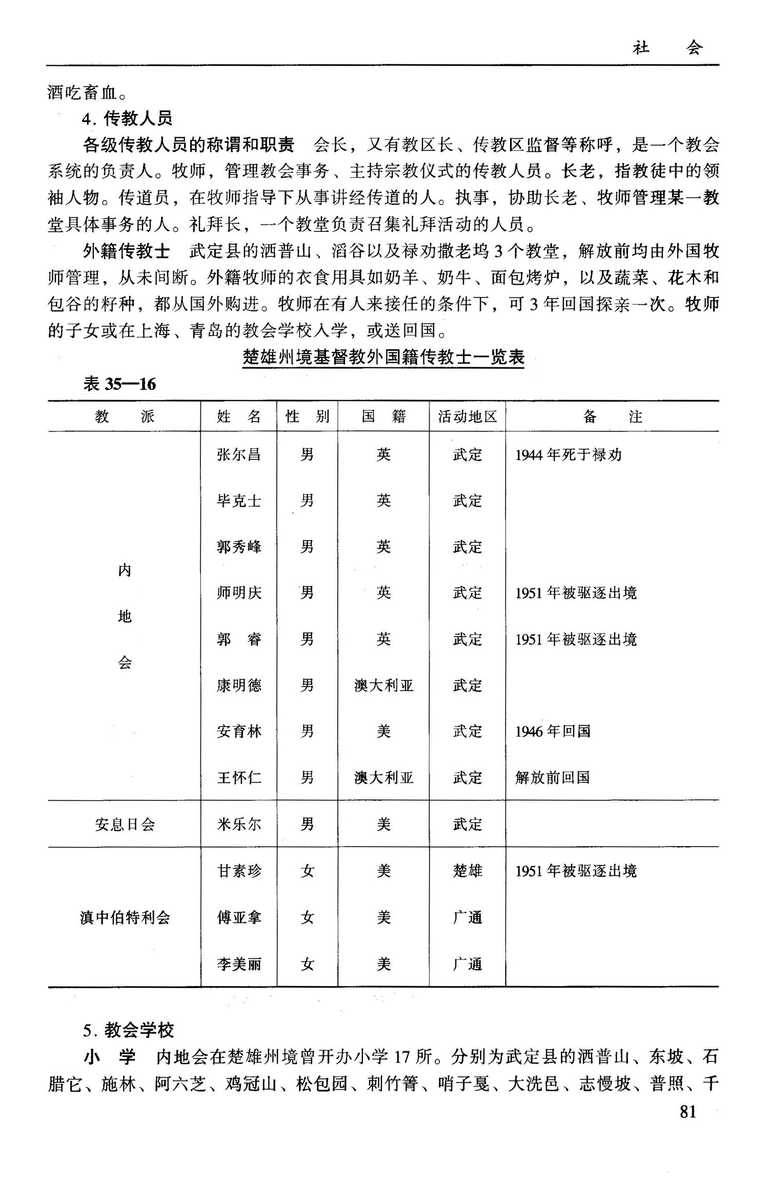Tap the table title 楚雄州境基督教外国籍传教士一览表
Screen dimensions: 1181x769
click(x=383, y=357)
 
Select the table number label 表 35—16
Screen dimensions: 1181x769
click(x=119, y=384)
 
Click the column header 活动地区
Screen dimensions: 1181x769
click(x=467, y=416)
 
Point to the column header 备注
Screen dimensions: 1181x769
click(x=612, y=416)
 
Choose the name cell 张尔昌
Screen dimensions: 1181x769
click(x=239, y=455)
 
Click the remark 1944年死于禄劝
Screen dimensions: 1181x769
click(x=568, y=455)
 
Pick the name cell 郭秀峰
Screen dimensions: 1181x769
click(x=239, y=547)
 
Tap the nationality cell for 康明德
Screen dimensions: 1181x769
click(x=383, y=685)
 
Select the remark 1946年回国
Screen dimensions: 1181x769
click(x=553, y=731)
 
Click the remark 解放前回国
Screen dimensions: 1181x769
click(x=552, y=778)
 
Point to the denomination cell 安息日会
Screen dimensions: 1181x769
click(x=125, y=824)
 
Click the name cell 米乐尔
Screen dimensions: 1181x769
click(x=239, y=824)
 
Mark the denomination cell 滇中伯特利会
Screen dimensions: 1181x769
click(x=125, y=917)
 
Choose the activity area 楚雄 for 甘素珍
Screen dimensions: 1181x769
click(x=467, y=871)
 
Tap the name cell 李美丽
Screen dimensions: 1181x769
click(x=239, y=965)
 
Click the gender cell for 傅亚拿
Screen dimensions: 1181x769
click(x=307, y=917)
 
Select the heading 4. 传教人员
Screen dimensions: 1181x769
click(x=127, y=119)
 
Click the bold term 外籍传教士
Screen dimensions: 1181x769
click(x=126, y=251)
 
